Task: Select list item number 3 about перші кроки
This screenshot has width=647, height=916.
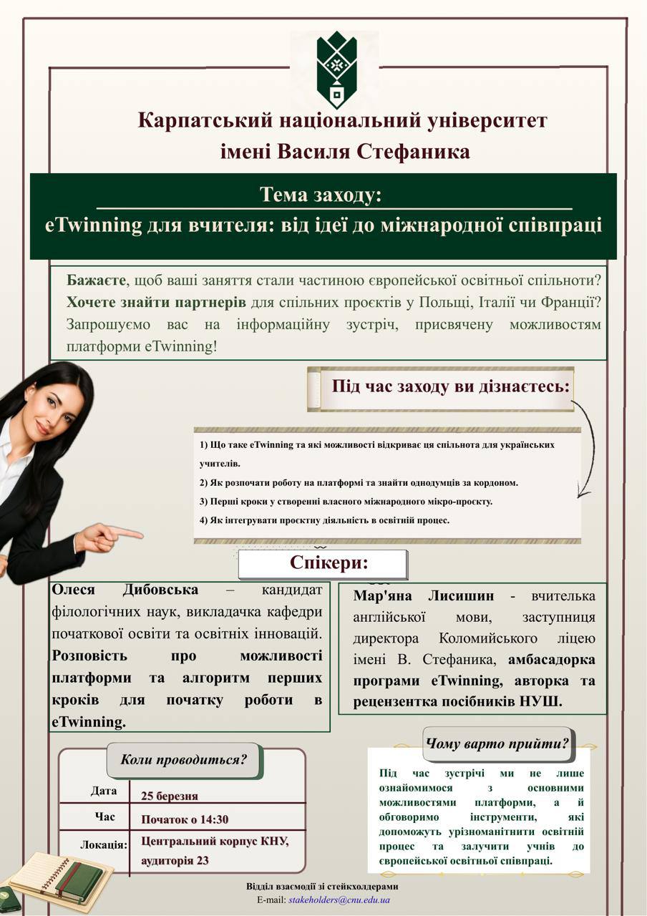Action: click(x=346, y=502)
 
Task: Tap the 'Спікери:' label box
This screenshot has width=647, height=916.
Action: click(x=323, y=564)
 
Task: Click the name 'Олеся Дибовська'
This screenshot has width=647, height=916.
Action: click(x=125, y=590)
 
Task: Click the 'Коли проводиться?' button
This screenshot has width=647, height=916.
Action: click(x=185, y=760)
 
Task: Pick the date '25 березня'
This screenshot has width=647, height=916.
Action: click(x=170, y=796)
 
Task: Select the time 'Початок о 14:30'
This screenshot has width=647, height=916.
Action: click(x=185, y=819)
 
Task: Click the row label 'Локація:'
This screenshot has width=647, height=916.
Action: click(x=104, y=844)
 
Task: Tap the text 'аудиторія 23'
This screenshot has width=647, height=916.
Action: click(x=175, y=860)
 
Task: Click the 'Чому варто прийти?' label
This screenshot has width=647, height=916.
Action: click(x=497, y=743)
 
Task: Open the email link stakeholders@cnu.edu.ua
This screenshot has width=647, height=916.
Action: click(x=339, y=900)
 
